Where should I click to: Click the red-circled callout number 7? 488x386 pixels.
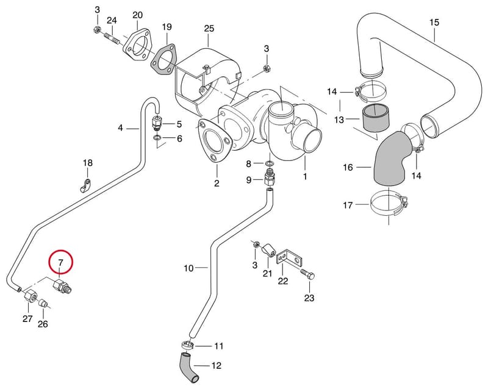[60, 262]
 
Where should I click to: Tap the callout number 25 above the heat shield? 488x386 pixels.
[209, 29]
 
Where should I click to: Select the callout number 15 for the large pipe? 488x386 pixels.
[434, 23]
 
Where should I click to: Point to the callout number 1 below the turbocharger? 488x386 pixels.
[305, 176]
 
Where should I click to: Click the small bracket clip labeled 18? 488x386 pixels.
[85, 186]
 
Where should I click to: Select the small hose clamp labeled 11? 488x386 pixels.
[188, 345]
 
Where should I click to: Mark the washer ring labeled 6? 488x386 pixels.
[157, 137]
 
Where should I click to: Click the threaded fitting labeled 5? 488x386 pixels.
[157, 124]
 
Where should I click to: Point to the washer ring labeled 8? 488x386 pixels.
[270, 163]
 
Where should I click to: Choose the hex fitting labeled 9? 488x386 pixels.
[270, 178]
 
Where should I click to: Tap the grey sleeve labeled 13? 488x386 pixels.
[375, 118]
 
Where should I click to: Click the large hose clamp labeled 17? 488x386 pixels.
[389, 205]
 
